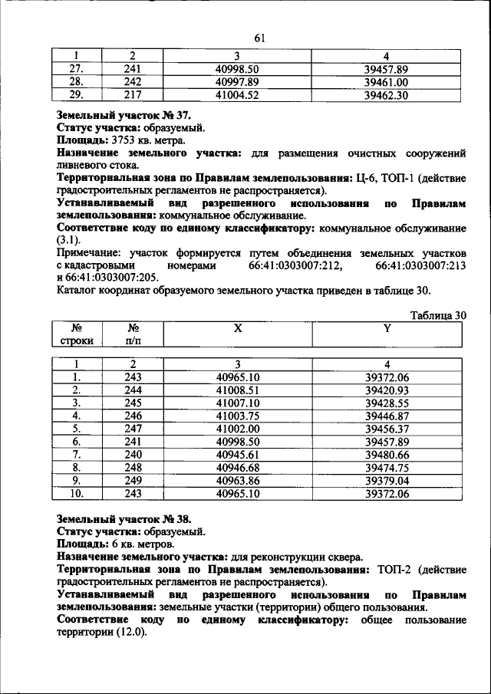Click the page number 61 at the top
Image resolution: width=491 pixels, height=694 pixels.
(259, 38)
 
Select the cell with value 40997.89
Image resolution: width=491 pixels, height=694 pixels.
(237, 82)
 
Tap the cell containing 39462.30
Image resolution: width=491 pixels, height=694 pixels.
(386, 95)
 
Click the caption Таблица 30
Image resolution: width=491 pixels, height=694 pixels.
(438, 315)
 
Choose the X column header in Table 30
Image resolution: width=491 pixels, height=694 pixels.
(238, 327)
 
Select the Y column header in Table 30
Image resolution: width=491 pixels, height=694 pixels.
(387, 327)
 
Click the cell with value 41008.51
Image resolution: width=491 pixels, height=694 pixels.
(238, 390)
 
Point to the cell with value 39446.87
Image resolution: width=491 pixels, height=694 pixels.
(387, 415)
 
